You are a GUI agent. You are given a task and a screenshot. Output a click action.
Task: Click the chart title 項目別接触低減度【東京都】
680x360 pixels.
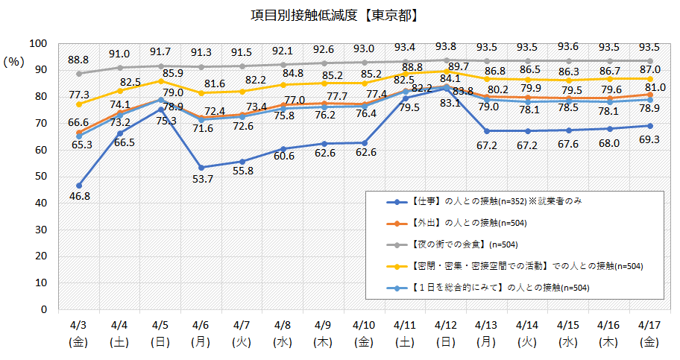340,14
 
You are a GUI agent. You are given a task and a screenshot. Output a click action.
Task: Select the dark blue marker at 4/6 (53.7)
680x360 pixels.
201,167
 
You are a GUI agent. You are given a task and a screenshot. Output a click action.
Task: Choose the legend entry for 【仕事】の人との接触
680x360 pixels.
485,201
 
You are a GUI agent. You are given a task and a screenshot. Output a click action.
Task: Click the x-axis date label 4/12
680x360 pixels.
445,326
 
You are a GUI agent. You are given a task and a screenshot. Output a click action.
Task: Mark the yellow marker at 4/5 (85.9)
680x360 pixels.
160,81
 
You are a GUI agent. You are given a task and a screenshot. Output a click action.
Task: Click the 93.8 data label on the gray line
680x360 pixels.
445,46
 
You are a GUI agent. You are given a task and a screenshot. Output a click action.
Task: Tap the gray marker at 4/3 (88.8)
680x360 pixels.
79,73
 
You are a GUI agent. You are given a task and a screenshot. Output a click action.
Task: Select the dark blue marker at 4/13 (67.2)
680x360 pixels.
486,130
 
